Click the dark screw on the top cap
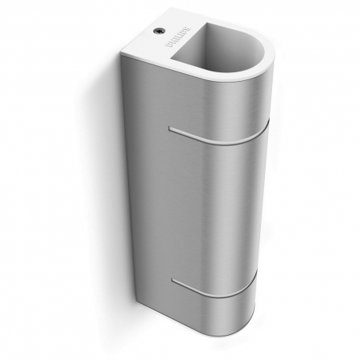pos(159,31)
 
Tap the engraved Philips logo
pos(178,37)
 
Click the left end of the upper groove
pos(170,128)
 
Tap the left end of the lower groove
pos(172,280)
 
